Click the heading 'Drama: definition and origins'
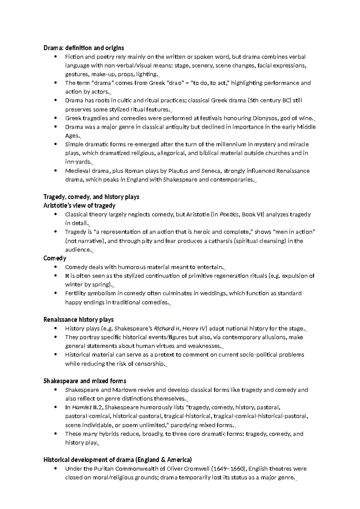84,48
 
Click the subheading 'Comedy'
55,258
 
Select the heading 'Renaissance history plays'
78,320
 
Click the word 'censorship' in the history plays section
149,364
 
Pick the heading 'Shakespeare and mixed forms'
85,381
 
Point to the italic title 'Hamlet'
82,408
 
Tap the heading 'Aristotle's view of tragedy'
79,206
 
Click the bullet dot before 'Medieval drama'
55,171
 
